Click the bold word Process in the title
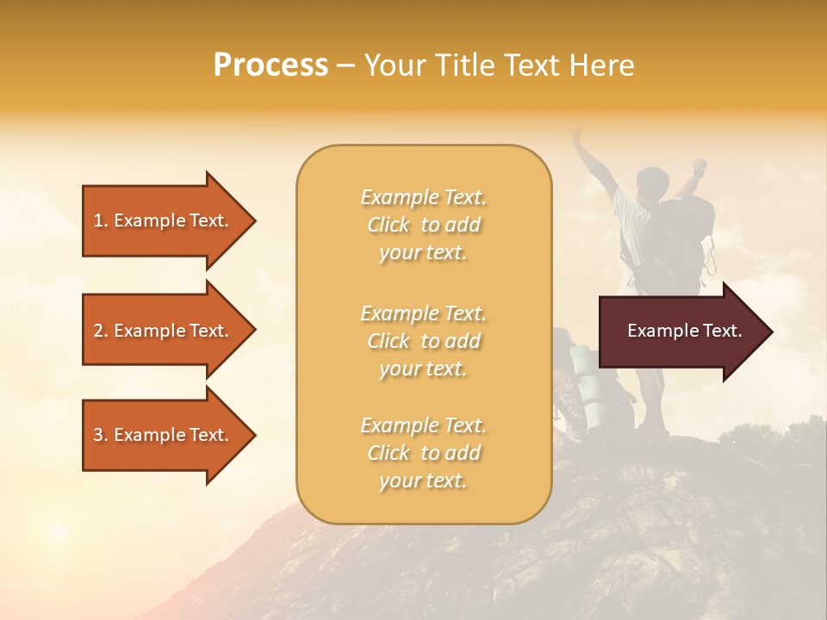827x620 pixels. pyautogui.click(x=270, y=65)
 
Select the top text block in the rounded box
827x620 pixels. pyautogui.click(x=423, y=225)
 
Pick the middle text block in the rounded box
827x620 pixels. pyautogui.click(x=423, y=341)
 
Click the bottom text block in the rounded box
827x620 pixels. pyautogui.click(x=423, y=453)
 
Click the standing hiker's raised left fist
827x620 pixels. pyautogui.click(x=575, y=135)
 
